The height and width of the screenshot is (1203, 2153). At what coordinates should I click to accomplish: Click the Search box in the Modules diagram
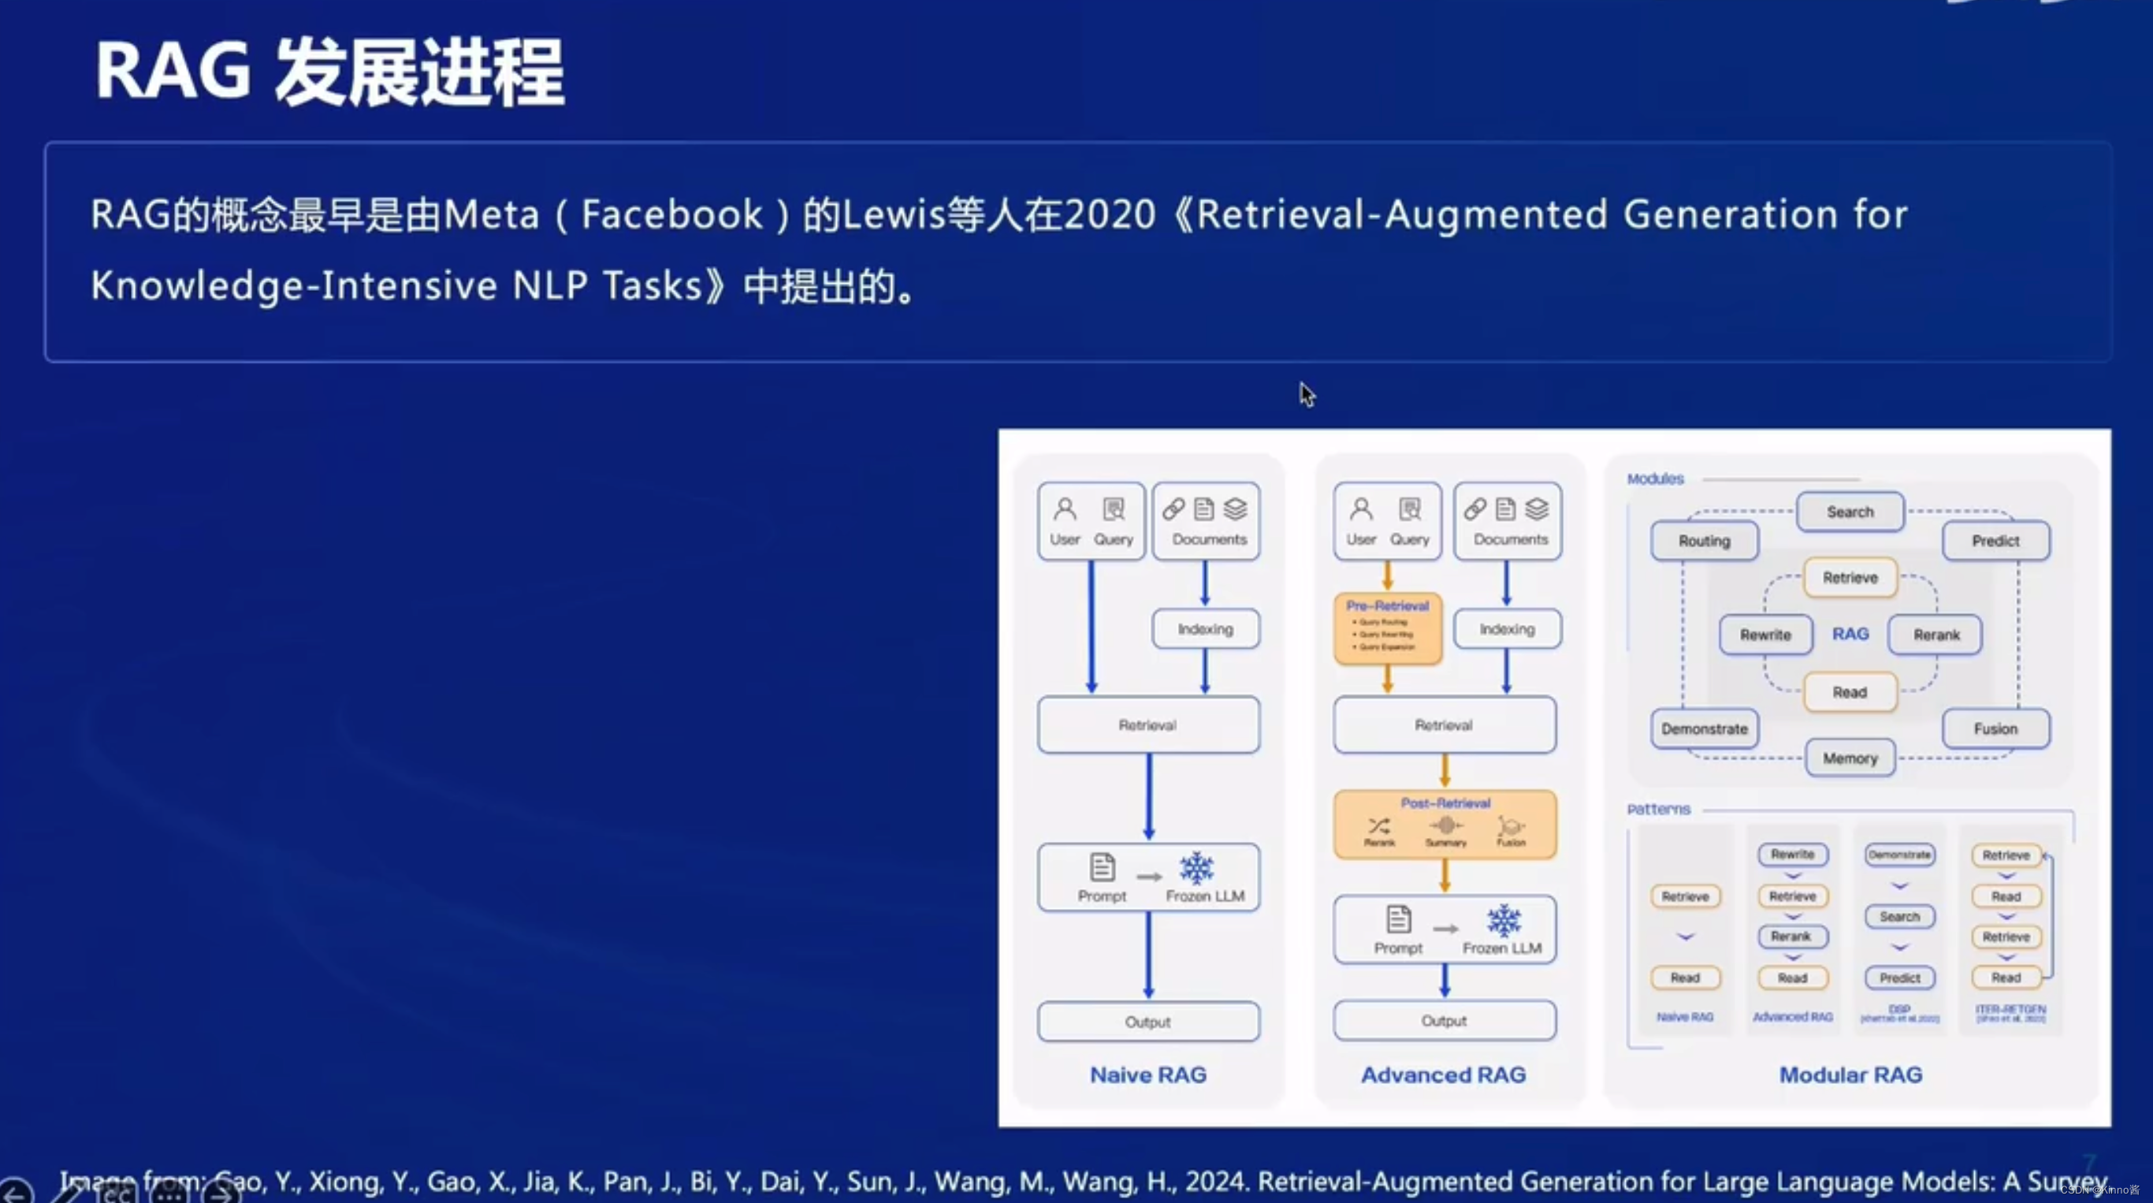click(1850, 512)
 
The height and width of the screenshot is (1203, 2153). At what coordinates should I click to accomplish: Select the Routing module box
click(1704, 541)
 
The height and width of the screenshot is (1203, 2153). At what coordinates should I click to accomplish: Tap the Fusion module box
click(1995, 729)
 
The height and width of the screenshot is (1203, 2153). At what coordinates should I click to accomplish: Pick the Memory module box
click(1850, 758)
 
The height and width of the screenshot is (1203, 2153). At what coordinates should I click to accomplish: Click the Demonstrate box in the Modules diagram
click(1704, 729)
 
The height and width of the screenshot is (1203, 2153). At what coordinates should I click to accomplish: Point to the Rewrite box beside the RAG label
click(1765, 635)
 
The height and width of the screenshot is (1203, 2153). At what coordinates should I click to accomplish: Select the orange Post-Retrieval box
click(1445, 825)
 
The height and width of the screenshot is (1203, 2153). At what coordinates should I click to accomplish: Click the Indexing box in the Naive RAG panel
click(1205, 628)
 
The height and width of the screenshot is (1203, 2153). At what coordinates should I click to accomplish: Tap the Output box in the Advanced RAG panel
click(1445, 1021)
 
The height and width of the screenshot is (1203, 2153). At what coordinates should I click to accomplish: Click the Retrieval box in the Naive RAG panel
click(1147, 724)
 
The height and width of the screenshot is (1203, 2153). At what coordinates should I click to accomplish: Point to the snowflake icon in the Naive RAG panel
click(1196, 868)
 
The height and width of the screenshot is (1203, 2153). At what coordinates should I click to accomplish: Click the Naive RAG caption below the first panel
click(1147, 1075)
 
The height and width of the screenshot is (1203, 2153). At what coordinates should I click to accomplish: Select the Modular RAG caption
click(1850, 1075)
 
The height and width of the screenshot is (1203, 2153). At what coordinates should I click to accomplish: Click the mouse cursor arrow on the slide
click(1307, 393)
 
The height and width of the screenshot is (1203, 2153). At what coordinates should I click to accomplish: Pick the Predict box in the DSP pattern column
click(1899, 978)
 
